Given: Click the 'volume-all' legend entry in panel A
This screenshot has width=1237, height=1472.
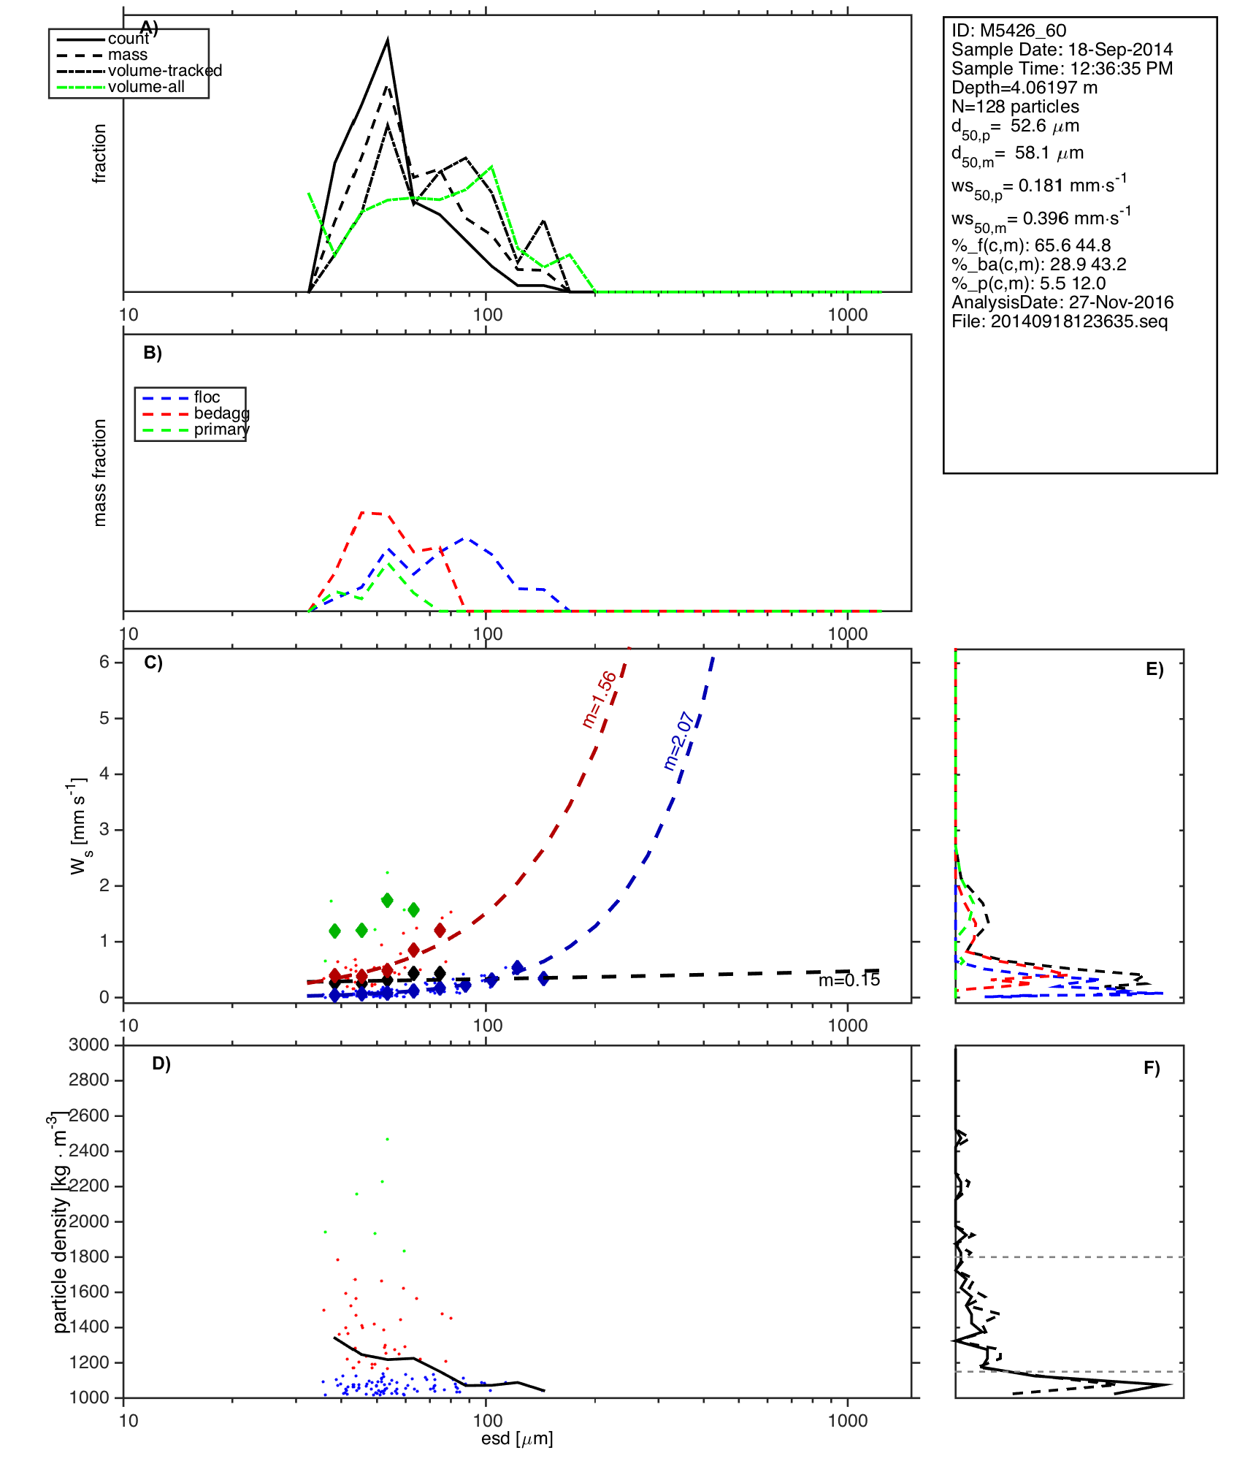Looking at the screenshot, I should click(146, 87).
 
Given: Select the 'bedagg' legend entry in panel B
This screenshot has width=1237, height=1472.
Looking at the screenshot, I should click(221, 413).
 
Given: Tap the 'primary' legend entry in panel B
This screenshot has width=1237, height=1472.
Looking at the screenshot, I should click(221, 430).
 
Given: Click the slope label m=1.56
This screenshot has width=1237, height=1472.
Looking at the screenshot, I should click(599, 700).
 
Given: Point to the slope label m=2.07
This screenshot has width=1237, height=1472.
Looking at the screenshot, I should click(679, 741).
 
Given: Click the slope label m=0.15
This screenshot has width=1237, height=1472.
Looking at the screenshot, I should click(849, 980).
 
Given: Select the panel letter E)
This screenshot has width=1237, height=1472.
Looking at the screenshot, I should click(1154, 670).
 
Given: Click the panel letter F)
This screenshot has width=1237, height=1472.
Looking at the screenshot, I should click(1152, 1069).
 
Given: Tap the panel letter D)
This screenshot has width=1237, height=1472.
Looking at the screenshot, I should click(161, 1064).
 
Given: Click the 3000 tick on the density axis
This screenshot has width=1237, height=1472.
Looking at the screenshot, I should click(88, 1045).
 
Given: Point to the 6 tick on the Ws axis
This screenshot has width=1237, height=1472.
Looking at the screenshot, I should click(104, 662).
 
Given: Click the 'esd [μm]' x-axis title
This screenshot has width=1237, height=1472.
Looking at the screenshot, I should click(516, 1438).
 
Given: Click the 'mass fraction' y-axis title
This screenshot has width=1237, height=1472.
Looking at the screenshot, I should click(100, 473).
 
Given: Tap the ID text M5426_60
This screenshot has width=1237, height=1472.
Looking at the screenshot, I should click(1022, 31).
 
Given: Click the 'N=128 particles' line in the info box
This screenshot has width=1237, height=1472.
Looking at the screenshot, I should click(1015, 107).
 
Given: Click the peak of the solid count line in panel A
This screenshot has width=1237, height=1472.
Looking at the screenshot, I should click(387, 41).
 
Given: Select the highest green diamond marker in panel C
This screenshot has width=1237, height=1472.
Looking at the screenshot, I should click(387, 900).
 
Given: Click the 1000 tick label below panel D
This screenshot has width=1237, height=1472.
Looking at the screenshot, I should click(847, 1420).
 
